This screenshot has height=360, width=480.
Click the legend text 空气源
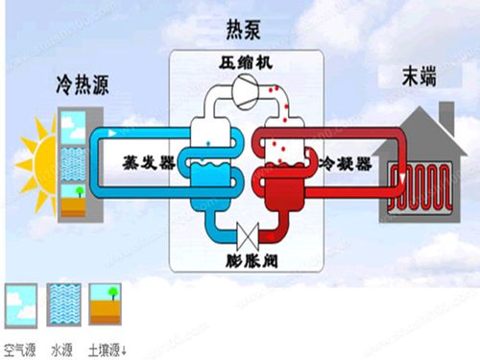(21, 348)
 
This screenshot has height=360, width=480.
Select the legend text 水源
(63, 348)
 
